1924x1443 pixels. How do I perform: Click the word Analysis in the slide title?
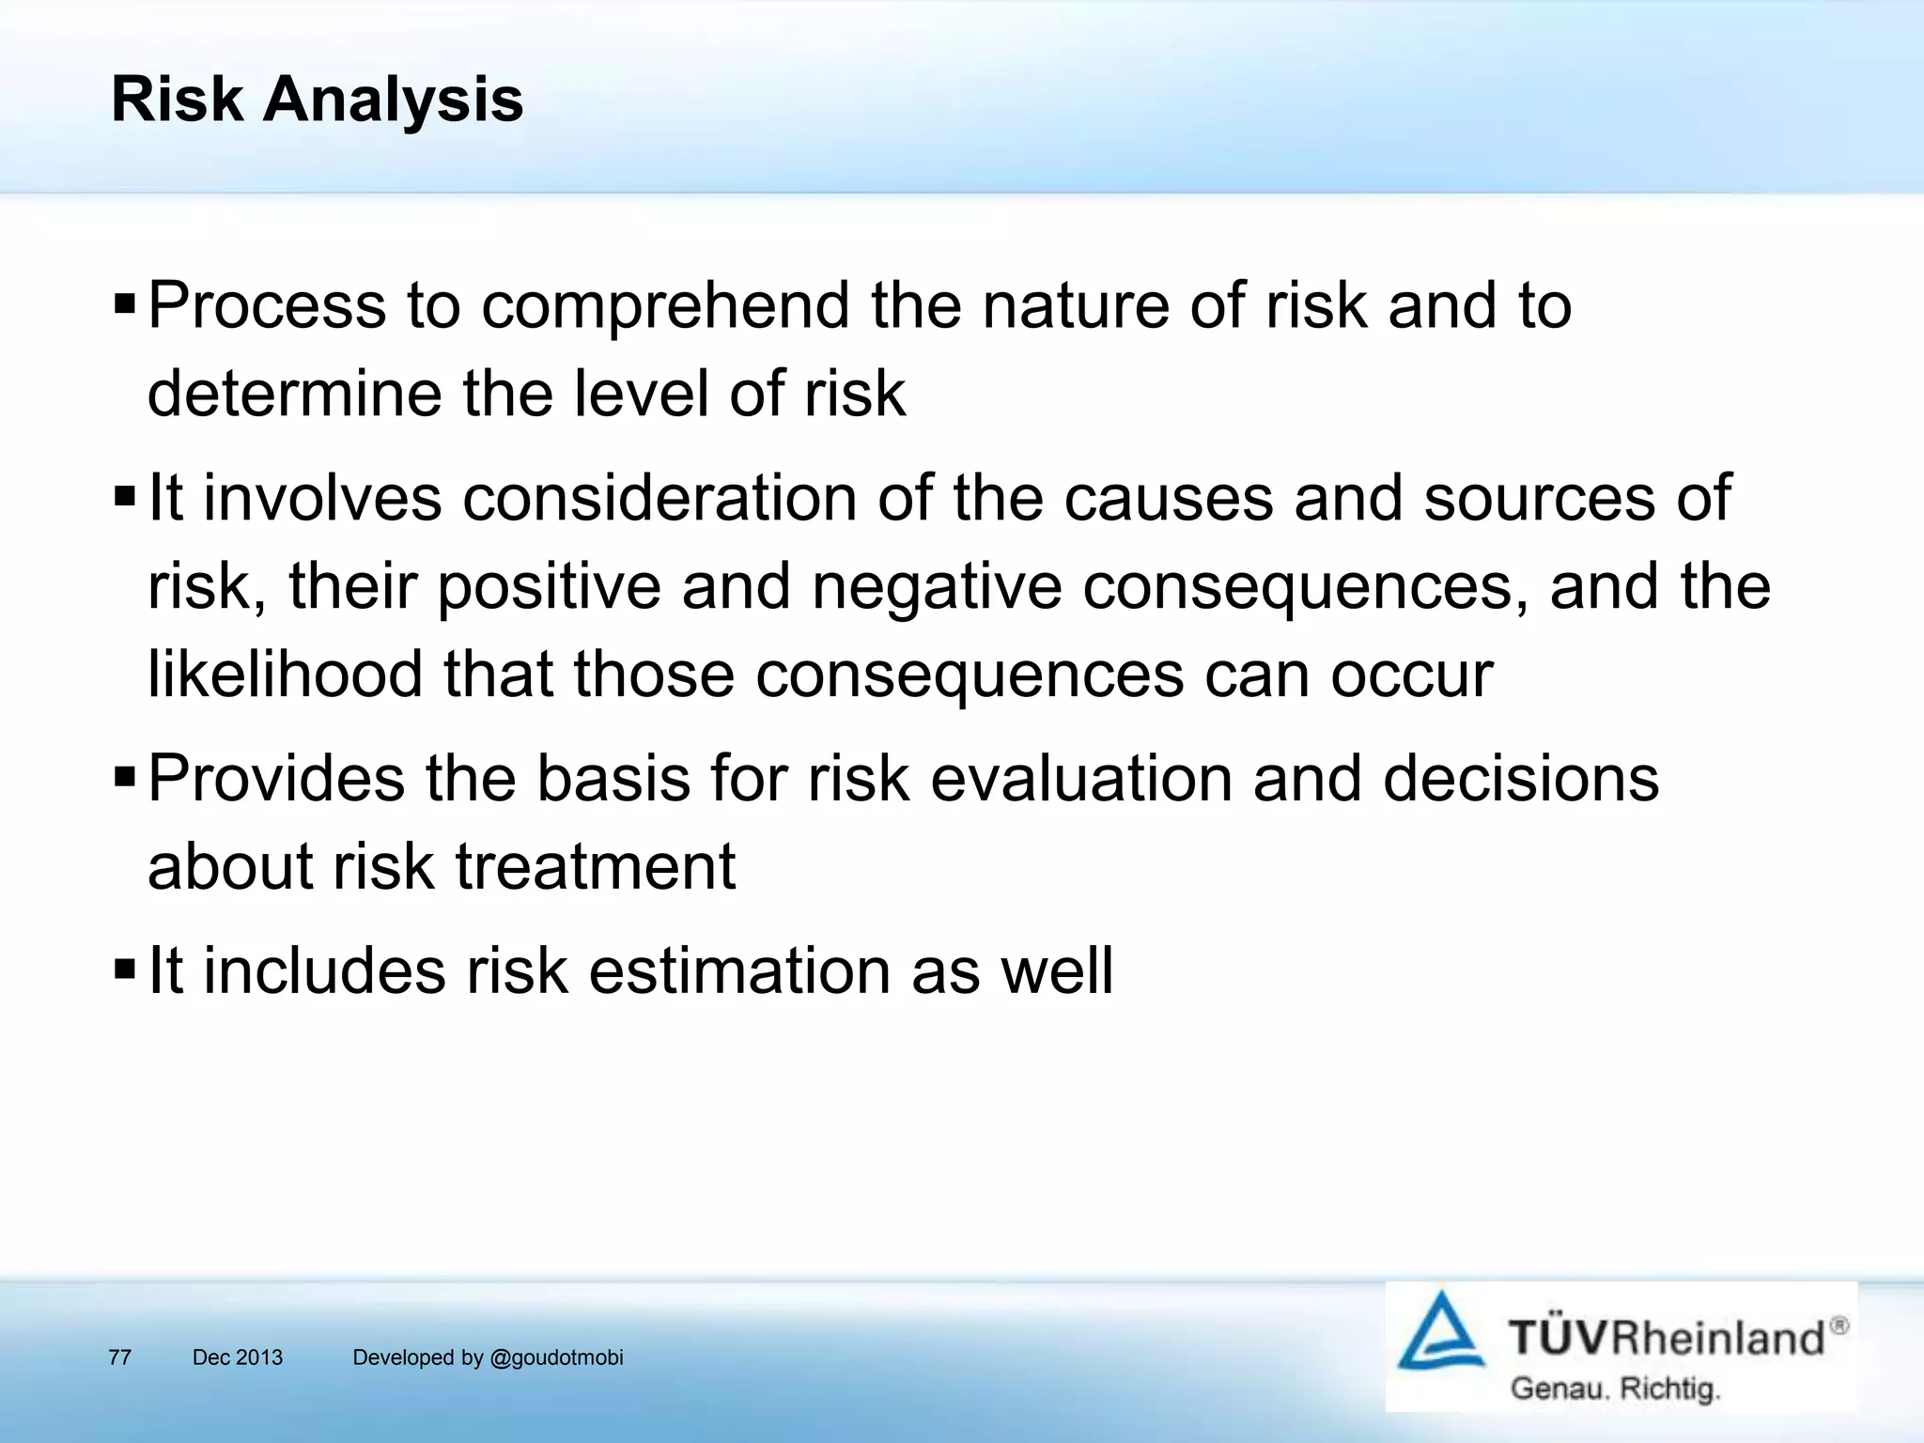(393, 100)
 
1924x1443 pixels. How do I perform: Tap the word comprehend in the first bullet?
(665, 306)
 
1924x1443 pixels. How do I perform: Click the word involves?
(322, 498)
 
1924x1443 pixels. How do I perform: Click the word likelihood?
(286, 675)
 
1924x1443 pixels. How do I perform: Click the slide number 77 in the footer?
(119, 1358)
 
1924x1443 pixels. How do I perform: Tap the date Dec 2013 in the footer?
(237, 1358)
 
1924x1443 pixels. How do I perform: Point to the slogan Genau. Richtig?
(1614, 1389)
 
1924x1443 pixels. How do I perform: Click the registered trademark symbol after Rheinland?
(1839, 1326)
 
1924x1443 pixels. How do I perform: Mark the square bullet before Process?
(124, 304)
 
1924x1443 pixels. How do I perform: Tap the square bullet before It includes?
(124, 969)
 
